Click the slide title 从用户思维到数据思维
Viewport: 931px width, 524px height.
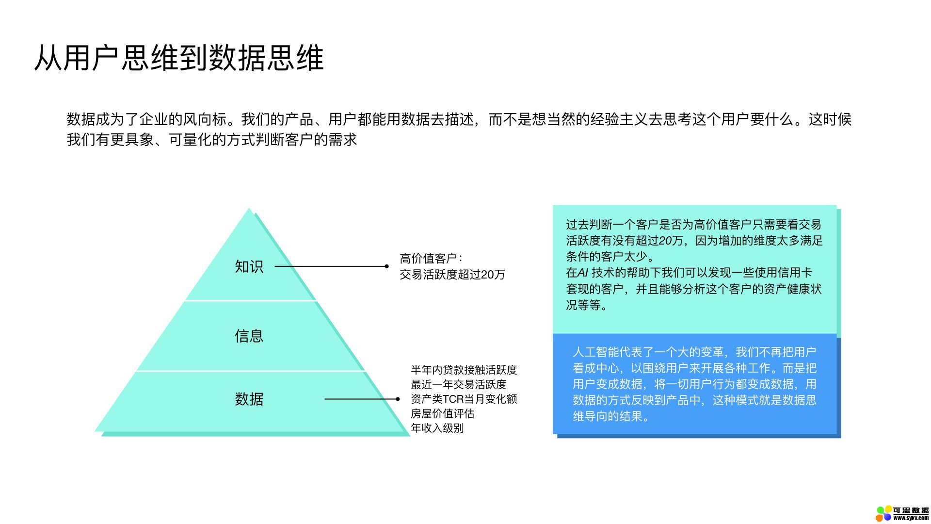[179, 58]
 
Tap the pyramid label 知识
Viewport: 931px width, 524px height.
[249, 266]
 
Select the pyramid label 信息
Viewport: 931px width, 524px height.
[249, 336]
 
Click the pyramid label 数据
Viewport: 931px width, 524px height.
[249, 399]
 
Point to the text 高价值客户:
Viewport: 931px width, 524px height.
[431, 258]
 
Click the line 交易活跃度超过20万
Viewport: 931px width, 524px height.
[452, 275]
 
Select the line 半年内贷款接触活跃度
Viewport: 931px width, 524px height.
[464, 370]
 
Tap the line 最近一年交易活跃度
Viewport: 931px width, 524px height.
[459, 384]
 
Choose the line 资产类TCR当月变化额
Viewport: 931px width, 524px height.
[464, 399]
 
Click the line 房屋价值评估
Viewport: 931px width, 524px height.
[443, 413]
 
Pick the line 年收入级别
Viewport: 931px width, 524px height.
[437, 428]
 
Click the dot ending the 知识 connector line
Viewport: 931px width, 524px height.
[386, 266]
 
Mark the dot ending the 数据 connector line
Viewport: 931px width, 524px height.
[398, 399]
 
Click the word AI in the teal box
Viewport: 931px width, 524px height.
[583, 273]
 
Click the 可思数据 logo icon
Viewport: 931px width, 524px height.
[884, 513]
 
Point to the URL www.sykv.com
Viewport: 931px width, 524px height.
[911, 518]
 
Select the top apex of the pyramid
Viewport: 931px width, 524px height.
[249, 209]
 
